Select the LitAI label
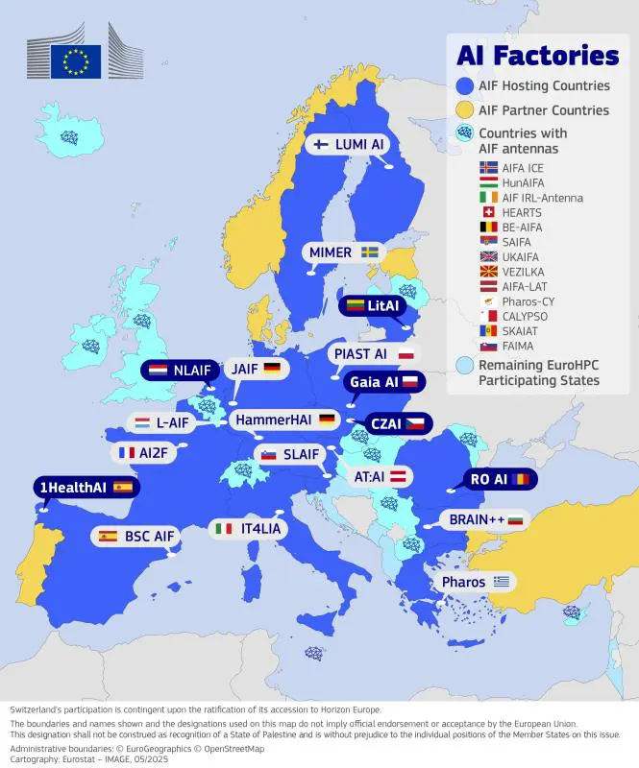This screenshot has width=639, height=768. tap(373, 305)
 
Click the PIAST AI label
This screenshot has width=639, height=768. tap(372, 354)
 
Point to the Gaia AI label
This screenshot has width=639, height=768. tap(383, 381)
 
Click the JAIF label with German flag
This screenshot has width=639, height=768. tap(256, 369)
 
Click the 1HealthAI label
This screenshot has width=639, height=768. tap(85, 488)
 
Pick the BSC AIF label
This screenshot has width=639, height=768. tap(135, 536)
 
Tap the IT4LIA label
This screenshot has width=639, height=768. tap(248, 528)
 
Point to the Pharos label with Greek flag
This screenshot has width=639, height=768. tap(475, 582)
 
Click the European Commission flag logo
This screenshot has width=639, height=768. tap(75, 60)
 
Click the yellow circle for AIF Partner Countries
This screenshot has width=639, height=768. tap(465, 109)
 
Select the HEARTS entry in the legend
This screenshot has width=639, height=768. tap(522, 213)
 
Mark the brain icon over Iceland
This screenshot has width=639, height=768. tap(69, 137)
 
